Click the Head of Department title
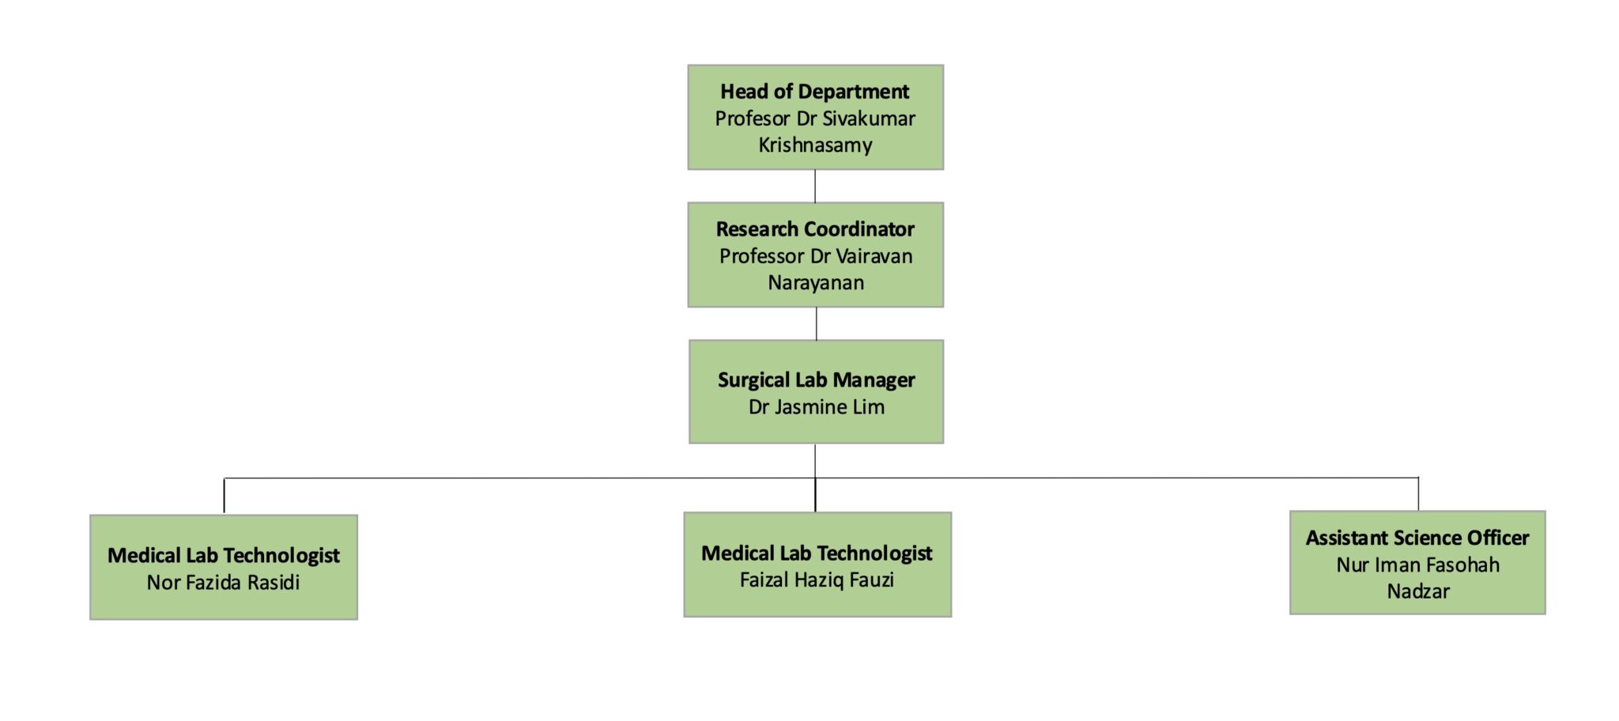[814, 92]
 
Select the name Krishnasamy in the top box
[815, 145]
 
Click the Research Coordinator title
[815, 229]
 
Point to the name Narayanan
[816, 283]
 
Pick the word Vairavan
[874, 256]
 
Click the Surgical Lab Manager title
[816, 380]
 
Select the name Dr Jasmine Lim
[816, 407]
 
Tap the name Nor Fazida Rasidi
[223, 583]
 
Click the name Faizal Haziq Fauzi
[817, 580]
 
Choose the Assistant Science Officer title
[1417, 538]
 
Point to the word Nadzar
[1418, 591]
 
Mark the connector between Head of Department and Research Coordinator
[815, 186]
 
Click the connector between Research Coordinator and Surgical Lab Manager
[816, 323]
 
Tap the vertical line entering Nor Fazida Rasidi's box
[224, 496]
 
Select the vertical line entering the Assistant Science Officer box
[1418, 494]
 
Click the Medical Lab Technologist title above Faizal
[817, 553]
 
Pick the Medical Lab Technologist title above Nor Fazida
[223, 556]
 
